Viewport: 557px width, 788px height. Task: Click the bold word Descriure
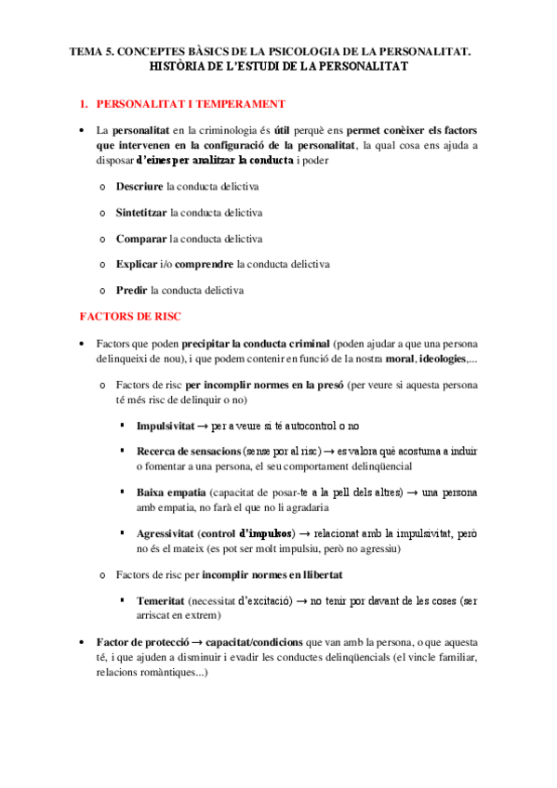(139, 187)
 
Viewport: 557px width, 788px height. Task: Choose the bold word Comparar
(141, 239)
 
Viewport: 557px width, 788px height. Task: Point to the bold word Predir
(132, 291)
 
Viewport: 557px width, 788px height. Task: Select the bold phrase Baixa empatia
(170, 492)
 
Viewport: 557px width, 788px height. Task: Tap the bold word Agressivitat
(166, 534)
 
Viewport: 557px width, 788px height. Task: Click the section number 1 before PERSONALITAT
(82, 103)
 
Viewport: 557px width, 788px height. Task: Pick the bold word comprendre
(204, 265)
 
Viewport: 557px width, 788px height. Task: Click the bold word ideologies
(443, 360)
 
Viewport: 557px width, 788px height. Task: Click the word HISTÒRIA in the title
(180, 68)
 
